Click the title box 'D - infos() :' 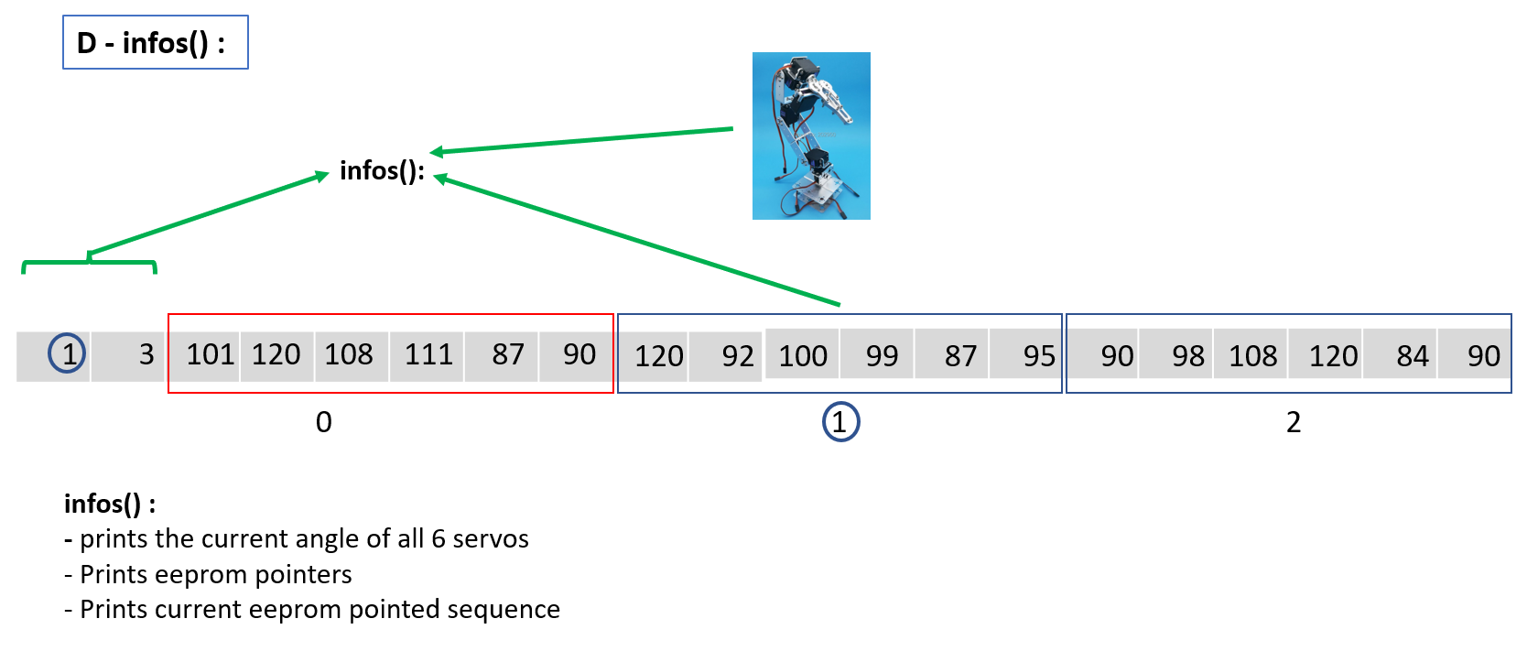point(155,42)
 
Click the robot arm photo point(811,136)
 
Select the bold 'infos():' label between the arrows point(382,171)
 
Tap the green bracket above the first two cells point(89,264)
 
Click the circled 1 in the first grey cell point(67,353)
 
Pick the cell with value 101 point(210,354)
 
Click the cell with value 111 point(428,354)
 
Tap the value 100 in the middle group point(803,355)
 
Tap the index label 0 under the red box point(324,422)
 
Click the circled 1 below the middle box point(840,422)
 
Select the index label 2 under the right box point(1293,422)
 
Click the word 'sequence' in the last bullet point(505,609)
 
